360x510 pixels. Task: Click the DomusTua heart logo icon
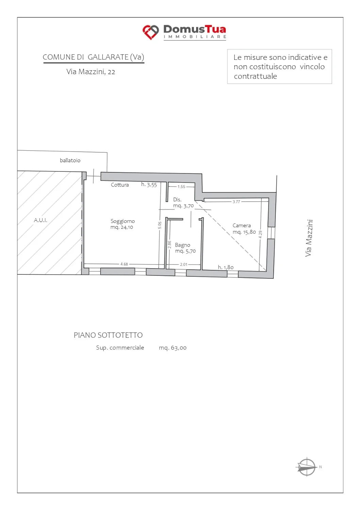[x=151, y=32]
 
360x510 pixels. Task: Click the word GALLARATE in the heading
[x=108, y=57]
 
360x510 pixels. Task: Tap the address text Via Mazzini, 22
[x=91, y=72]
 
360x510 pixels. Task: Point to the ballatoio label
[x=70, y=160]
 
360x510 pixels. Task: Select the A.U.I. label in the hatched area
[x=40, y=220]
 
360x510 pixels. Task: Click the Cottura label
[x=120, y=185]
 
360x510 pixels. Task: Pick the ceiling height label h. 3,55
[x=149, y=184]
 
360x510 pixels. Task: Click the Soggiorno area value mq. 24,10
[x=122, y=227]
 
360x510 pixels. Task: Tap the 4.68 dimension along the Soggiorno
[x=124, y=264]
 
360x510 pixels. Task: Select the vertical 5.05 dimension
[x=160, y=225]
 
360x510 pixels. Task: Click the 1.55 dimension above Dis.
[x=182, y=187]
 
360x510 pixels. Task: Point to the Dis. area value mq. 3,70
[x=183, y=206]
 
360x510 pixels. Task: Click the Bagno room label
[x=183, y=245]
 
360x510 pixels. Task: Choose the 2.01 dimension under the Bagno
[x=184, y=264]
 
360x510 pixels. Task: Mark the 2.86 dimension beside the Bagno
[x=169, y=244]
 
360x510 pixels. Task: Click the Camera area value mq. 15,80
[x=244, y=232]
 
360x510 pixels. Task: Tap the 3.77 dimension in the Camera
[x=236, y=202]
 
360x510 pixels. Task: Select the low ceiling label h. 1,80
[x=226, y=267]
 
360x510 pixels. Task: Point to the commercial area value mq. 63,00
[x=173, y=348]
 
